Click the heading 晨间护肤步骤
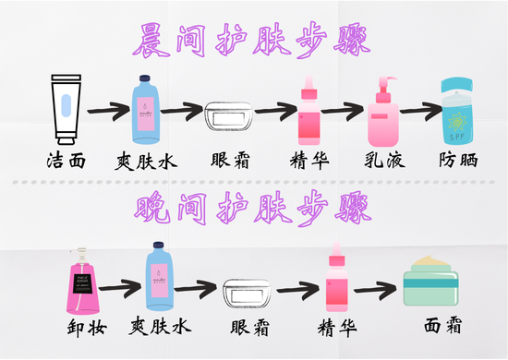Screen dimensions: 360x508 tap(253, 40)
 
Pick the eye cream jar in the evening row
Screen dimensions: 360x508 tap(248, 292)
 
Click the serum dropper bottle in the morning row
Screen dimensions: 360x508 tap(309, 111)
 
